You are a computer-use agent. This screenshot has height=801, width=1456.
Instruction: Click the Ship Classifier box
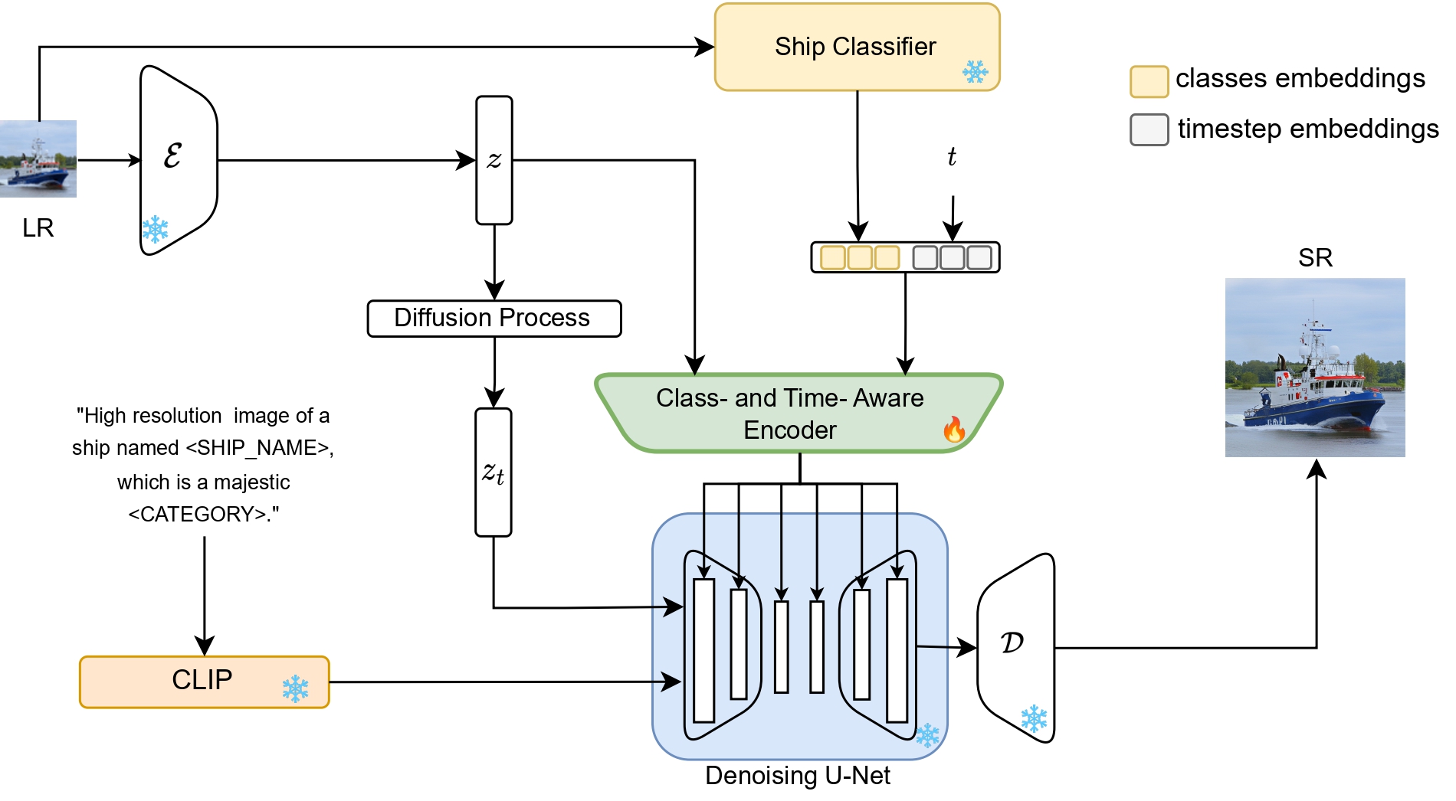coord(856,47)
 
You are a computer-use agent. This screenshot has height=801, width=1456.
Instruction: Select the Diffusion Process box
coord(494,319)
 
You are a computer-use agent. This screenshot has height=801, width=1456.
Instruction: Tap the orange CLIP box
coord(204,682)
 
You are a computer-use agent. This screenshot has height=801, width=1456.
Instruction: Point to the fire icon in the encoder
coord(954,430)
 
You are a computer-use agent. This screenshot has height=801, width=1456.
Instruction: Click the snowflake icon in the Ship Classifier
coord(975,73)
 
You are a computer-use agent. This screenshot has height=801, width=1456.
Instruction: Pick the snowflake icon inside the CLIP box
coord(295,688)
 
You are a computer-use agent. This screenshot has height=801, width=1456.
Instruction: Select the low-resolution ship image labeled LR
coord(38,159)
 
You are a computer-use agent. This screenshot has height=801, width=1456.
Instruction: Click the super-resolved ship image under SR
coord(1315,368)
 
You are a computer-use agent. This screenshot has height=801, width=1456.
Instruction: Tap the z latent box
coord(494,160)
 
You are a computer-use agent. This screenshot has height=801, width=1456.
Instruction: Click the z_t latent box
coord(493,472)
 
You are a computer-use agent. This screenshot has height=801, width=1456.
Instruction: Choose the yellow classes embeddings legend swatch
coord(1149,81)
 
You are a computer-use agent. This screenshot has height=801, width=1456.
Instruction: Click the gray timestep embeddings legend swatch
coord(1149,130)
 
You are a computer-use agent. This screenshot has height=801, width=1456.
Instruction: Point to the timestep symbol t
coord(952,157)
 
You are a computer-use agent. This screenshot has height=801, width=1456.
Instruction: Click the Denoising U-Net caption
coord(797,776)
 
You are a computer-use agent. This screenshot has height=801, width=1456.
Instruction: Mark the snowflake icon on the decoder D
coord(1034,718)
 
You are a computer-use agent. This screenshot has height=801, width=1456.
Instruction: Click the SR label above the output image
coord(1315,258)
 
